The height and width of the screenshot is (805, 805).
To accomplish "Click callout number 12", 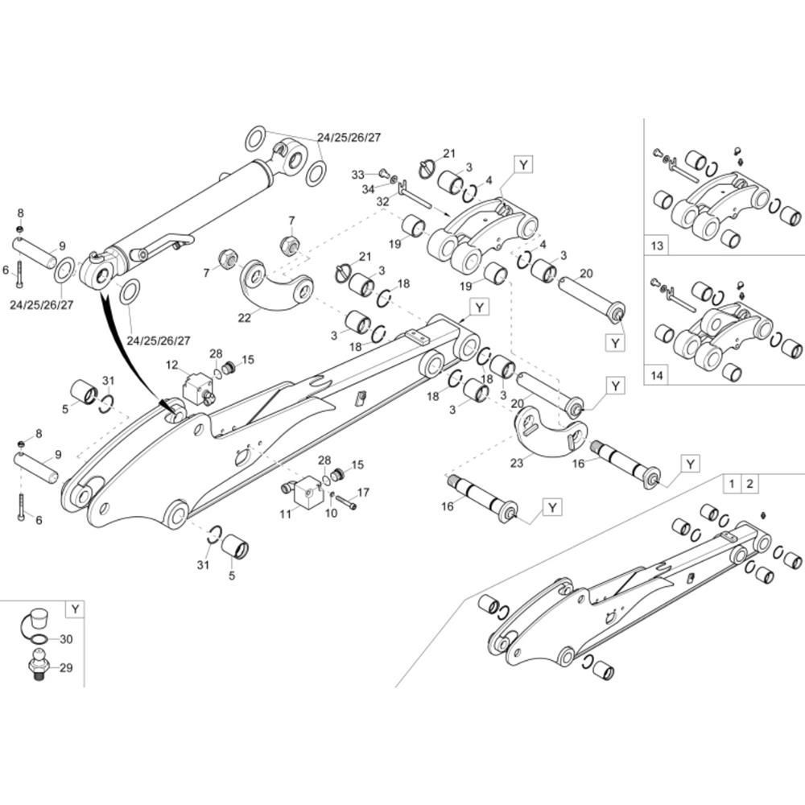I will [171, 365].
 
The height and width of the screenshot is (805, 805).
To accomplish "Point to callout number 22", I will [245, 318].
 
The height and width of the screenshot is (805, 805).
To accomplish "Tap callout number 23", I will [515, 463].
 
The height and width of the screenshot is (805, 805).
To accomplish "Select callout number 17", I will [362, 492].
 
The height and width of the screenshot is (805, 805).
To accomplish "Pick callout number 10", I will [330, 514].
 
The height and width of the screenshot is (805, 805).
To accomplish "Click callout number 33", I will [358, 173].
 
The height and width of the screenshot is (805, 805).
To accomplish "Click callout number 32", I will [382, 201].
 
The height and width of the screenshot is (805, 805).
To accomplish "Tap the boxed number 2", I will [749, 484].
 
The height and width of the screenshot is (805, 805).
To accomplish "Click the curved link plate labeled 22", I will [277, 288].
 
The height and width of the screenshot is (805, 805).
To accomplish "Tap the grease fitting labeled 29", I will [37, 668].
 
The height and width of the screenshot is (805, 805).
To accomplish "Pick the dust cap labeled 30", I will [37, 621].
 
